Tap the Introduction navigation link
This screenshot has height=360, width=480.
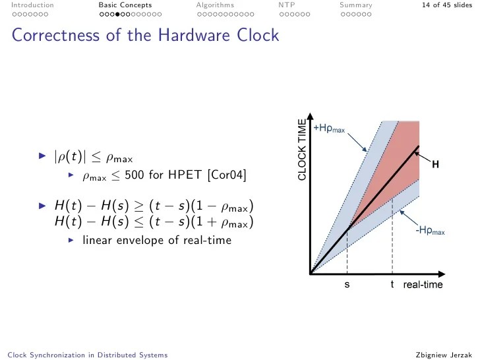tap(32, 5)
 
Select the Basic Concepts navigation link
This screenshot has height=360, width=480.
tap(125, 5)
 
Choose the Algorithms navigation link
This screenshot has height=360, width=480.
tap(215, 5)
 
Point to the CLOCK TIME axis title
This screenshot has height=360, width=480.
tap(302, 150)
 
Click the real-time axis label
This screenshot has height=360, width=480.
tap(423, 285)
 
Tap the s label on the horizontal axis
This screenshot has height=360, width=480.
tap(347, 285)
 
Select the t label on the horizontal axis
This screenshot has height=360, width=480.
tap(392, 285)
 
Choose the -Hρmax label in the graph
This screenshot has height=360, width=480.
tap(429, 231)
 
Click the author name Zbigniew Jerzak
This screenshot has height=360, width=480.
tap(444, 355)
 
